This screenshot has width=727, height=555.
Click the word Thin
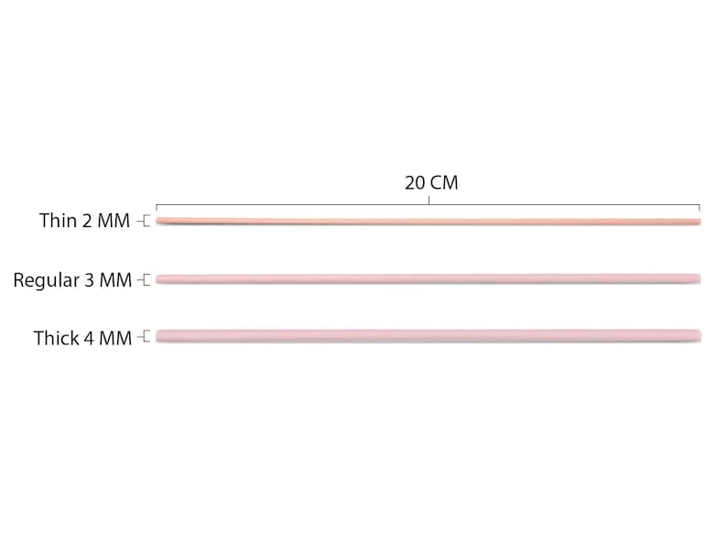(x=58, y=221)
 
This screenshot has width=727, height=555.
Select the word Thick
(x=56, y=338)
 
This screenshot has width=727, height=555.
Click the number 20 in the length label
(x=415, y=182)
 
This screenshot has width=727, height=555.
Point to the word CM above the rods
(x=444, y=182)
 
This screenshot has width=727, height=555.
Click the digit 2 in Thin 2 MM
(x=87, y=221)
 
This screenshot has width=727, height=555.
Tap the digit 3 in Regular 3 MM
(x=90, y=280)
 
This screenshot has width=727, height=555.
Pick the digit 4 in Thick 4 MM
(x=88, y=339)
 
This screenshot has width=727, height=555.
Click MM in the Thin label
(x=114, y=221)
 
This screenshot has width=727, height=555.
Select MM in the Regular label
(x=116, y=280)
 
